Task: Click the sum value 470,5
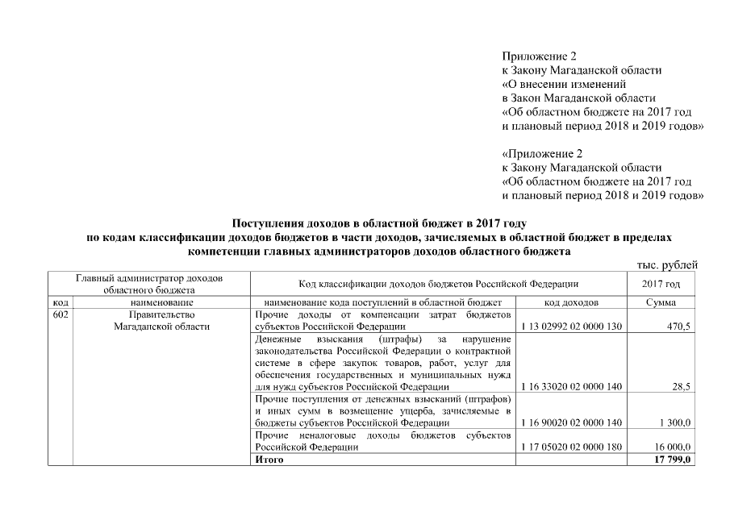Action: (x=678, y=327)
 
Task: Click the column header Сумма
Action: (x=661, y=302)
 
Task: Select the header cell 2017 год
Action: (x=661, y=284)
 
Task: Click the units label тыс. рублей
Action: (x=666, y=265)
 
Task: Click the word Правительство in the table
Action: (x=162, y=314)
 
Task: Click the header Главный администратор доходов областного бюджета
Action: (x=149, y=283)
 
